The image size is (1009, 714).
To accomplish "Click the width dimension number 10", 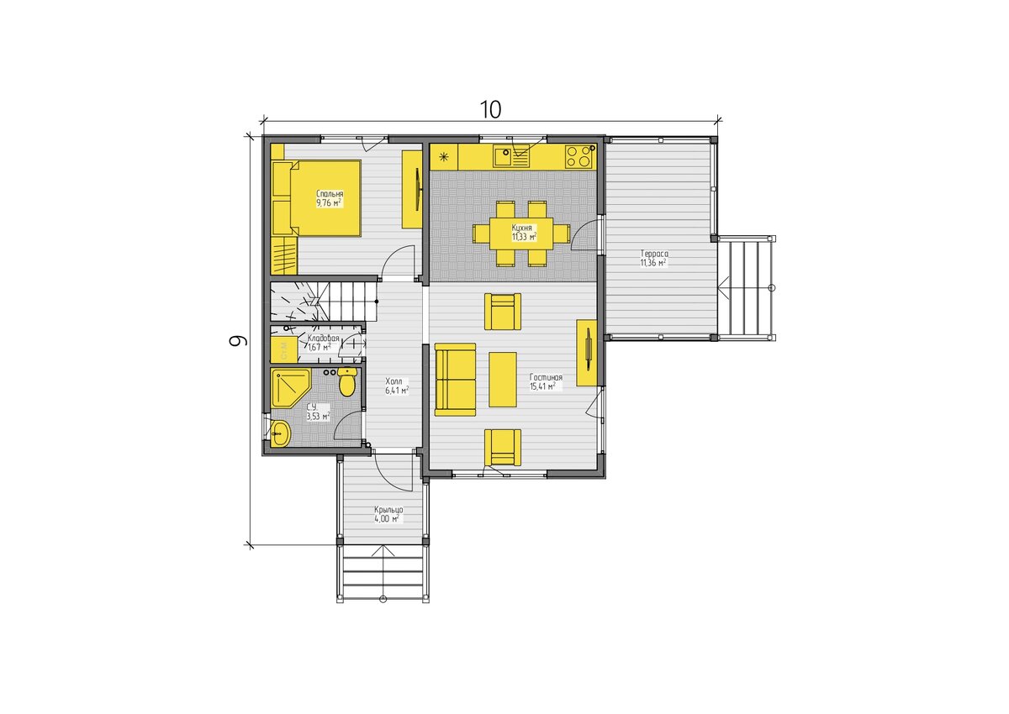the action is click(x=490, y=109).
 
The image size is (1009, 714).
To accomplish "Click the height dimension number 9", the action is click(x=238, y=340).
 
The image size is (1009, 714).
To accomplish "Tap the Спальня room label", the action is click(x=330, y=194).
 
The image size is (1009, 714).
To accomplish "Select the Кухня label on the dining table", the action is click(x=521, y=228).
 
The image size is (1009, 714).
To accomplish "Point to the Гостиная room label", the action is click(x=546, y=377).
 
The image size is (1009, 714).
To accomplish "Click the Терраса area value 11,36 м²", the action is click(x=653, y=263).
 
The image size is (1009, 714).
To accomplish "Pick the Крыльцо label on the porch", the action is click(x=388, y=510).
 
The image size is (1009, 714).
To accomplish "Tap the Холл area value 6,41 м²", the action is click(x=397, y=391).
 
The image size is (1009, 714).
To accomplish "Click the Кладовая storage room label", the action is click(x=323, y=339).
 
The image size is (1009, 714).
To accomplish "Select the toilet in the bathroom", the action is click(x=347, y=382).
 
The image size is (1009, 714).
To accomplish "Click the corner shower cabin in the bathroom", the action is click(x=291, y=388).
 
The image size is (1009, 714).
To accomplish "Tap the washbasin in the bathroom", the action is click(x=281, y=433).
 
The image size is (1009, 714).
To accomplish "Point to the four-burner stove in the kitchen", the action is click(x=579, y=156).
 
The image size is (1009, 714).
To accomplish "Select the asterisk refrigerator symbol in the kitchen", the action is click(x=444, y=156).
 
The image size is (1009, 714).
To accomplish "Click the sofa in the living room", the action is click(x=456, y=380).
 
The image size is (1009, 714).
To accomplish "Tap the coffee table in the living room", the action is click(x=503, y=380).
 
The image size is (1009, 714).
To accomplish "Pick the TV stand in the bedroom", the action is click(x=413, y=189).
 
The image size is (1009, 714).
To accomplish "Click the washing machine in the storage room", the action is click(x=284, y=349).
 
